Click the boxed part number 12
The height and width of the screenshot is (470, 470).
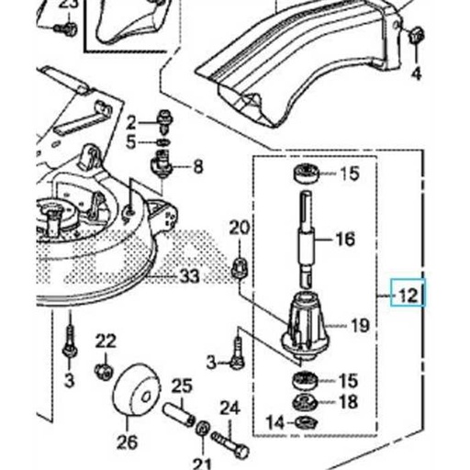(408, 296)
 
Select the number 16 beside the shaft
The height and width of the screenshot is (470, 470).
(344, 241)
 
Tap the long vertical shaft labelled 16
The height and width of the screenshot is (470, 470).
(305, 234)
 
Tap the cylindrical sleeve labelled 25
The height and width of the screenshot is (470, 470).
(181, 409)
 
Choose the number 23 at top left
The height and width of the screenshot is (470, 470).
(68, 6)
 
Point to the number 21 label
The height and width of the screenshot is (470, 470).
(202, 461)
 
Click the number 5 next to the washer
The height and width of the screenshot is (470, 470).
(131, 141)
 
